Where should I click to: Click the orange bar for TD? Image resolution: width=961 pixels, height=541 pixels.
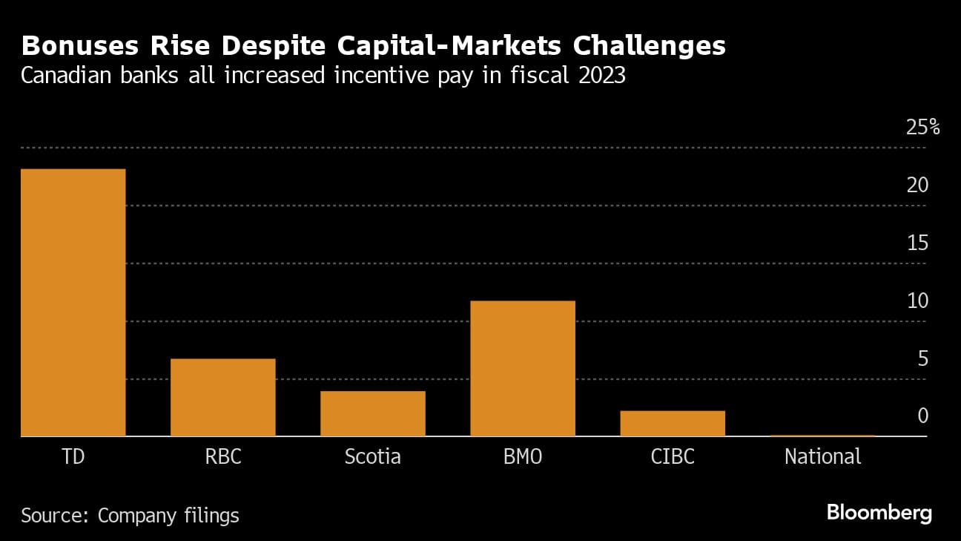click(73, 303)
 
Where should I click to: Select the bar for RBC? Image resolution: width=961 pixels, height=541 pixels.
click(223, 398)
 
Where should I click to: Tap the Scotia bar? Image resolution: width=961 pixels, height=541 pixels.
click(373, 413)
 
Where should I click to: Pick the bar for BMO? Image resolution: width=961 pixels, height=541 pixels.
click(523, 368)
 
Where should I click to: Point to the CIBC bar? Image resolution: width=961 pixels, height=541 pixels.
click(673, 423)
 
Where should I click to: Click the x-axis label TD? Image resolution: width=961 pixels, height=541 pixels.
click(73, 456)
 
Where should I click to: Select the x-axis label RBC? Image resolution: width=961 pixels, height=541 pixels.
click(223, 456)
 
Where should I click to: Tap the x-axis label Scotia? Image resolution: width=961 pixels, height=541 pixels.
click(373, 456)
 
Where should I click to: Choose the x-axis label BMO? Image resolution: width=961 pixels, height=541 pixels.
click(523, 456)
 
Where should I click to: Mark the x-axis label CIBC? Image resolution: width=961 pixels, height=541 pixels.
click(673, 456)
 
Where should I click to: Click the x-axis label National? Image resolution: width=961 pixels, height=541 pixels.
click(822, 456)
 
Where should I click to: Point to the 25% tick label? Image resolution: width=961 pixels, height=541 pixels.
click(922, 128)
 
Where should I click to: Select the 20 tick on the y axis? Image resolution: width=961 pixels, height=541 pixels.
click(917, 185)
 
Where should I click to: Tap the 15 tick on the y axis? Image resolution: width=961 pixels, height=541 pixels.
click(917, 243)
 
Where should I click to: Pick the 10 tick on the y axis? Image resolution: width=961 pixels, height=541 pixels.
click(917, 301)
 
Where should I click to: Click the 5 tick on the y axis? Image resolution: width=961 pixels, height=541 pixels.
click(922, 358)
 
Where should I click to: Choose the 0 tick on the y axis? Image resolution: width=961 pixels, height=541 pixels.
click(922, 416)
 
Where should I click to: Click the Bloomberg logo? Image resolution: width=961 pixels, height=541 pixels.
click(879, 513)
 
